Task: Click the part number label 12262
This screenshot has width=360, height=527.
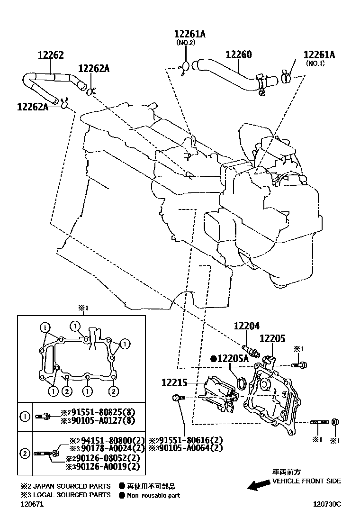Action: click(x=51, y=55)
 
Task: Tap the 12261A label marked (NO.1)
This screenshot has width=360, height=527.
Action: click(x=319, y=55)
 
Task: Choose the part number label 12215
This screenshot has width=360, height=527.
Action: click(x=174, y=382)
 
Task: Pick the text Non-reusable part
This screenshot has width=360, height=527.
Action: click(x=153, y=495)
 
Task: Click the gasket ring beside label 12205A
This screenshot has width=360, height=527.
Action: click(x=241, y=383)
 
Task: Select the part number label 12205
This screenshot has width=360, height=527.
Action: click(x=272, y=338)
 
